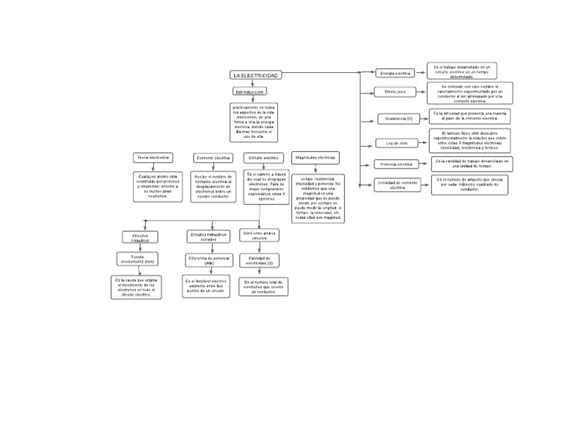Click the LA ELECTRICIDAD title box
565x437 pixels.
(255, 76)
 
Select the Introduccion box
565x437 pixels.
(249, 92)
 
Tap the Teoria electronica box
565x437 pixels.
(152, 158)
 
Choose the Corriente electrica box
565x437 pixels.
(213, 158)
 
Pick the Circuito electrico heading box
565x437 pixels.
(263, 158)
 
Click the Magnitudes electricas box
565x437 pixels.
(316, 158)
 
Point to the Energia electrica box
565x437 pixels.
(395, 74)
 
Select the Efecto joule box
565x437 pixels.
(395, 92)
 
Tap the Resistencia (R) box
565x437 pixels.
(399, 119)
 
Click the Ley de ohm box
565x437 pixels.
(397, 143)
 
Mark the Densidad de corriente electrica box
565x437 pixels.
(397, 185)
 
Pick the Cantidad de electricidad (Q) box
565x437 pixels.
(260, 259)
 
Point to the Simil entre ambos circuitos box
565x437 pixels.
(260, 236)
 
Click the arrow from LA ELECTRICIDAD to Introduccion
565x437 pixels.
(252, 83)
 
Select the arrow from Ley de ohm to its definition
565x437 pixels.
(423, 142)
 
